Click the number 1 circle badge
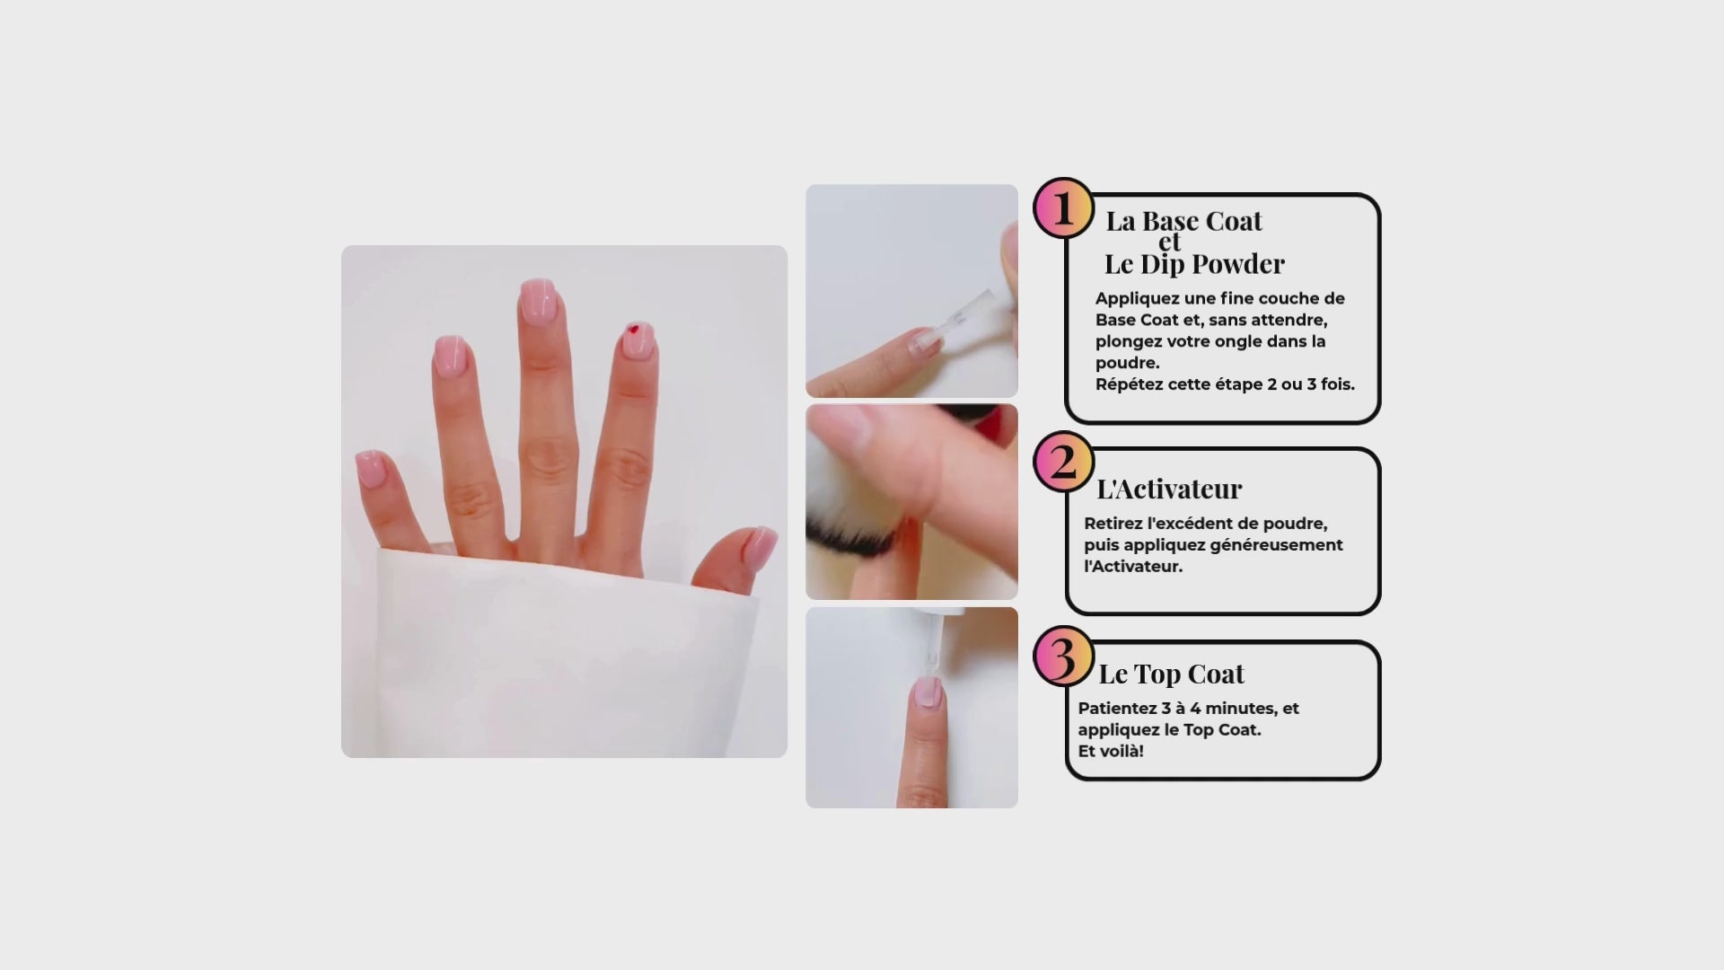[1063, 208]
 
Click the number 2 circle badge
[1063, 463]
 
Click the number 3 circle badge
[1063, 657]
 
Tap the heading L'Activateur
[1169, 489]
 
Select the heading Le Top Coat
[1171, 674]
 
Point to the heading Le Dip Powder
[1194, 264]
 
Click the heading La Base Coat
[1183, 220]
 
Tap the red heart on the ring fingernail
[634, 330]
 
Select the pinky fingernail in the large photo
[372, 468]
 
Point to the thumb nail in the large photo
[760, 545]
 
